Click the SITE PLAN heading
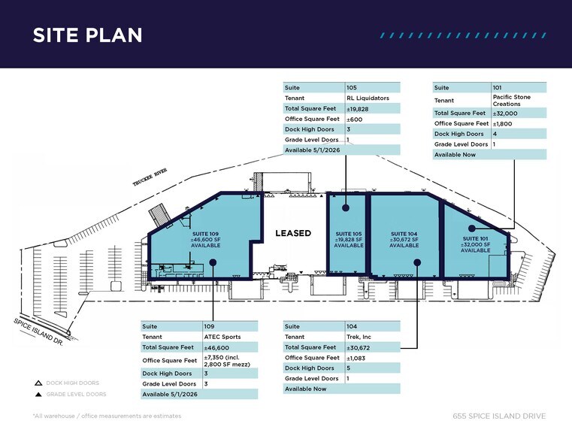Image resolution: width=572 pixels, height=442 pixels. pos(87,35)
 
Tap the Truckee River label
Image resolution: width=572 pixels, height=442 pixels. pos(150,177)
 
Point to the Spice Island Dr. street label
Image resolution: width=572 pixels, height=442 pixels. pos(38,331)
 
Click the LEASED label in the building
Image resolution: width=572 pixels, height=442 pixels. pos(293,233)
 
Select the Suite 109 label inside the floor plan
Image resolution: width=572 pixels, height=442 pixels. pos(206,240)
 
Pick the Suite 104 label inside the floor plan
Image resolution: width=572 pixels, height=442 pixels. pos(404,240)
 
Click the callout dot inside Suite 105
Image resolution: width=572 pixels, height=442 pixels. pos(346,208)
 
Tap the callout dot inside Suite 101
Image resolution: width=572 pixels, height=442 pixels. pos(472,229)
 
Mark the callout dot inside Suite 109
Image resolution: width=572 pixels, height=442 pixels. pos(213,262)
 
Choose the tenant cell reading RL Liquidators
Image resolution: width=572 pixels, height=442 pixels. pos(368,98)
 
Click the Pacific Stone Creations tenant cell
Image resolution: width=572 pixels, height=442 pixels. pos(511,100)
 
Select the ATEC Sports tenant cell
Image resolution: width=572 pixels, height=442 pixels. pos(222,337)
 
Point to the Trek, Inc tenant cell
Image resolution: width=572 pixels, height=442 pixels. pos(359,337)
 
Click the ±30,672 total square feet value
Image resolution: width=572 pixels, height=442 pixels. pos(358,348)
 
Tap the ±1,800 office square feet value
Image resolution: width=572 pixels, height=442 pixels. pos(502,123)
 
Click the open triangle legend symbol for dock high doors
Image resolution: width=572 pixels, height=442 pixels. pos(38,383)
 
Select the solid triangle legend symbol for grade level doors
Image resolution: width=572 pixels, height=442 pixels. pos(38,394)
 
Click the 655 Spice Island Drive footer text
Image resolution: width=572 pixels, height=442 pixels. pos(499,416)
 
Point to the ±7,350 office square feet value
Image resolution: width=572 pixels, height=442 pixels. pos(227,361)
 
